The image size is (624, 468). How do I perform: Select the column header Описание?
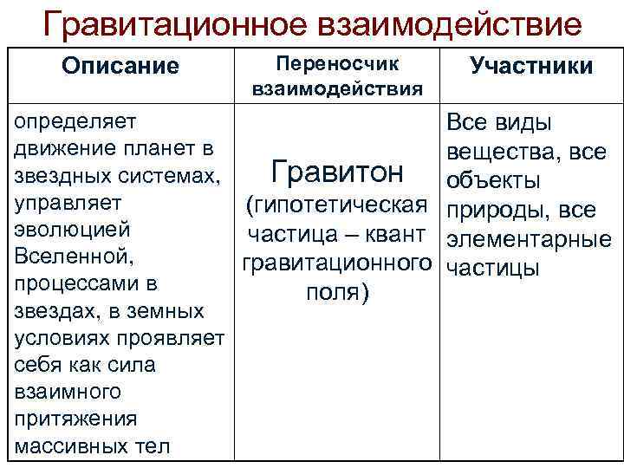coord(120,66)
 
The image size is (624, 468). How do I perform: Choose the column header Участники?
coord(531,66)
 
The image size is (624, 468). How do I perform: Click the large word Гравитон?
coord(337,172)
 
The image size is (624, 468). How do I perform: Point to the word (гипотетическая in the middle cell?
coord(337,205)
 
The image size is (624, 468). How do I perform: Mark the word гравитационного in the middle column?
coord(337,263)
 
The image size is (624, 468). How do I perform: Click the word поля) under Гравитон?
coord(337,292)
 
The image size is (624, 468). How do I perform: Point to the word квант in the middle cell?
coord(401,234)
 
